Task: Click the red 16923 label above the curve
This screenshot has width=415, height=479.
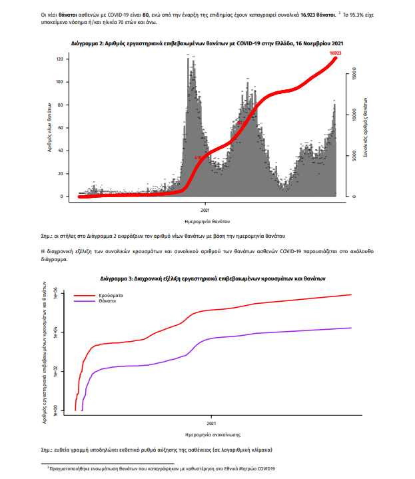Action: (335, 52)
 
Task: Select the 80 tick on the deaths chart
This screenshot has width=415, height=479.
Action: (61, 105)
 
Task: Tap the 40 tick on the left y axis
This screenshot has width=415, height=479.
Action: (61, 151)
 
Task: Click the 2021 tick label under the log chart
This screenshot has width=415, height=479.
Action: (211, 422)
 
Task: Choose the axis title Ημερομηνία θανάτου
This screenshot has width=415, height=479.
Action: (206, 220)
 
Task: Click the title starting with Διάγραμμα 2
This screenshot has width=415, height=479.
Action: (207, 42)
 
